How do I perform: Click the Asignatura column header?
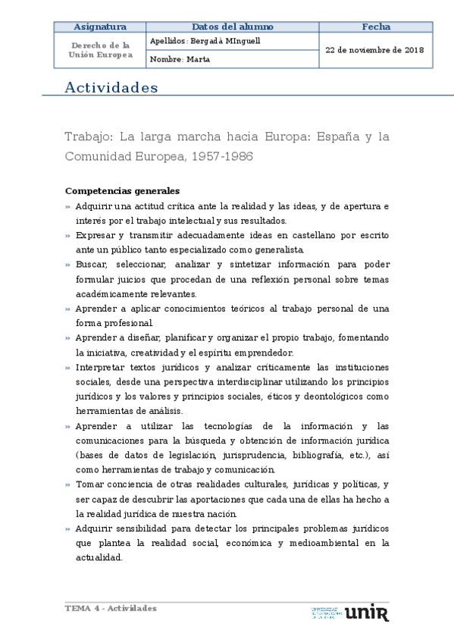(x=98, y=27)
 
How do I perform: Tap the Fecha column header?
(x=376, y=27)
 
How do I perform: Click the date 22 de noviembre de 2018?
(x=374, y=50)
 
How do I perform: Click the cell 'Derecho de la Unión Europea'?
(x=100, y=50)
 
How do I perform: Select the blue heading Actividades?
(x=111, y=88)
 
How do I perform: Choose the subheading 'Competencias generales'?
(x=122, y=191)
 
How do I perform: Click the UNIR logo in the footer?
(x=367, y=612)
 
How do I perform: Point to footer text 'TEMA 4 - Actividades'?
(x=111, y=608)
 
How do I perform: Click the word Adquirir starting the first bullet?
(x=93, y=206)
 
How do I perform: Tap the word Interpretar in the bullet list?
(x=100, y=367)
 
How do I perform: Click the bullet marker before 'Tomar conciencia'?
(x=68, y=485)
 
